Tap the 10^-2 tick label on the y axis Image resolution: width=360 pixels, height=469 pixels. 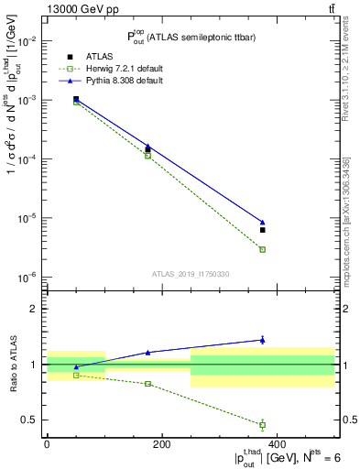(x=26, y=41)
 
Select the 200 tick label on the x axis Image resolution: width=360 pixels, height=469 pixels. (x=161, y=444)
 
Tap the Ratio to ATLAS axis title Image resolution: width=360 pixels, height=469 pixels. (x=13, y=365)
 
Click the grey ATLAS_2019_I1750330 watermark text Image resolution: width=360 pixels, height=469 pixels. (x=191, y=273)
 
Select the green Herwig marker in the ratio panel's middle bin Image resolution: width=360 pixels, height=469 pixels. (x=147, y=384)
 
